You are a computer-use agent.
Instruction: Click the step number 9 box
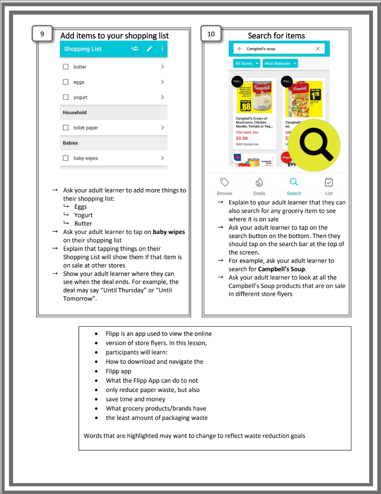pos(42,34)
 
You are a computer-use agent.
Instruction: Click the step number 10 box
pos(211,34)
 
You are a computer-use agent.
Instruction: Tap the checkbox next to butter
pos(66,67)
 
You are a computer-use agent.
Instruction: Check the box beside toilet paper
pos(66,128)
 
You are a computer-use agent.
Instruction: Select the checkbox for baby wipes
pos(66,158)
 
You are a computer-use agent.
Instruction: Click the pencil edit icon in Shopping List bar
pos(150,49)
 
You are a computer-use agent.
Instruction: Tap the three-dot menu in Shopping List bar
pos(162,49)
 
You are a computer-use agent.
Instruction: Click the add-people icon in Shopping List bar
pos(135,49)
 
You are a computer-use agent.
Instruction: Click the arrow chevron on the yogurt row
pos(162,97)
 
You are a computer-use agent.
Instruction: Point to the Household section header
pos(75,113)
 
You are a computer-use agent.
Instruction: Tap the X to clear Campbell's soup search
pos(318,49)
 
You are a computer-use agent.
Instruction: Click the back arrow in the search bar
pos(240,49)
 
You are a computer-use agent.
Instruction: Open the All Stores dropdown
pos(247,64)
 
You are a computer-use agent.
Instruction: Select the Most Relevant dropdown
pos(280,64)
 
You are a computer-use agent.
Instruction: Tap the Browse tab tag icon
pos(225,182)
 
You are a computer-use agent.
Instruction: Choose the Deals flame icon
pos(259,182)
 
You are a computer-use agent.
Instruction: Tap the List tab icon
pos(329,182)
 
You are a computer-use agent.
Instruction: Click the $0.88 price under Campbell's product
pos(242,138)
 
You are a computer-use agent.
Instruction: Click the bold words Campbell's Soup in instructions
pos(282,269)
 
